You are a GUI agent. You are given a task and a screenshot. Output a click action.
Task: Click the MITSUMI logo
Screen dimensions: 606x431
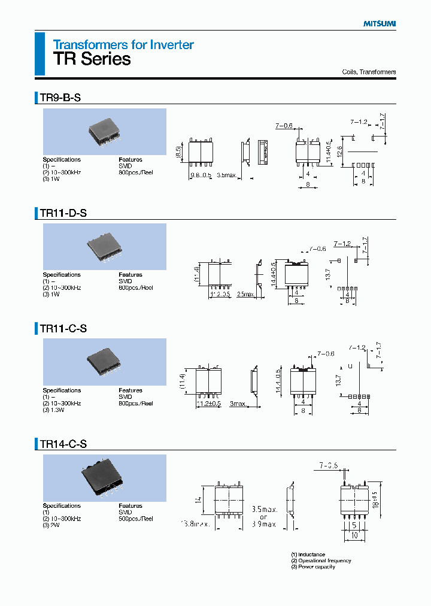pyautogui.click(x=380, y=24)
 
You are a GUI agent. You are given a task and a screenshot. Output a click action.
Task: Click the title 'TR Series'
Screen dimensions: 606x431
pyautogui.click(x=92, y=59)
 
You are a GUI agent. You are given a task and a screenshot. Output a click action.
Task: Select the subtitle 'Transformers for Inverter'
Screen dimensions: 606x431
pyautogui.click(x=123, y=44)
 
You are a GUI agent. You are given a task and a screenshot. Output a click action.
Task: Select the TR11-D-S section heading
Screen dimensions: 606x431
pyautogui.click(x=63, y=213)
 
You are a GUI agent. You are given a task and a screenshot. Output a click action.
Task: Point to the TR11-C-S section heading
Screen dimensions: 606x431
pyautogui.click(x=63, y=328)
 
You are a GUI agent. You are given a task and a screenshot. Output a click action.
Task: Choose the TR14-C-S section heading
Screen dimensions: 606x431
pyautogui.click(x=63, y=444)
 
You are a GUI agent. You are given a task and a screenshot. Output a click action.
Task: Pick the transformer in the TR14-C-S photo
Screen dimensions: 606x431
pyautogui.click(x=104, y=477)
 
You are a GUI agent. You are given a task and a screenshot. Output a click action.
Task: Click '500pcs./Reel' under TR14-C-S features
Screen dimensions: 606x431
pyautogui.click(x=135, y=519)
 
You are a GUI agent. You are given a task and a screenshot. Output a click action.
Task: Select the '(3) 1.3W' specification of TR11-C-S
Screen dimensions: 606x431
pyautogui.click(x=56, y=410)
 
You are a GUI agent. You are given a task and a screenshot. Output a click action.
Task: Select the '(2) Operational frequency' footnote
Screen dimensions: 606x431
pyautogui.click(x=321, y=560)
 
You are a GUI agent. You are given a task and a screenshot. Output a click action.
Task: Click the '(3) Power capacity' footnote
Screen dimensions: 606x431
pyautogui.click(x=313, y=566)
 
